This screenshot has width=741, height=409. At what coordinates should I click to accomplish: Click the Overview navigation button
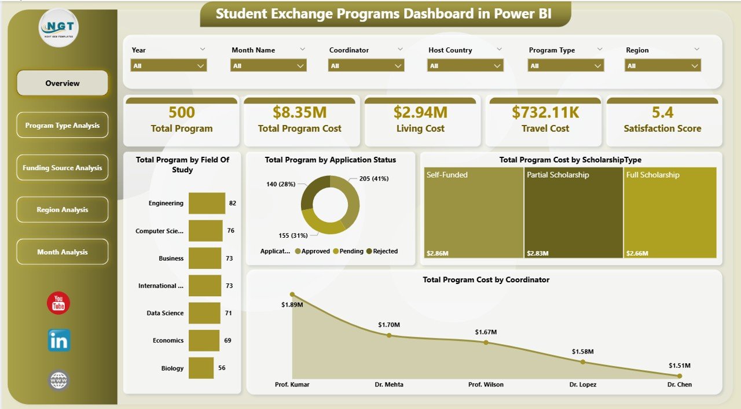pyautogui.click(x=63, y=83)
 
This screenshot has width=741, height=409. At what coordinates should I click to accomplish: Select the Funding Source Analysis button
pyautogui.click(x=63, y=168)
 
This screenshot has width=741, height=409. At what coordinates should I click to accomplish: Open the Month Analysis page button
pyautogui.click(x=63, y=252)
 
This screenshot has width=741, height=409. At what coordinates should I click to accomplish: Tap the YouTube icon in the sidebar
pyautogui.click(x=58, y=303)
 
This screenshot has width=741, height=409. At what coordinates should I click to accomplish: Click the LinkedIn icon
pyautogui.click(x=59, y=341)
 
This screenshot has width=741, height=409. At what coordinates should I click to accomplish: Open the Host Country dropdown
pyautogui.click(x=465, y=66)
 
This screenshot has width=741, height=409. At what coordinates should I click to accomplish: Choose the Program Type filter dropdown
pyautogui.click(x=566, y=66)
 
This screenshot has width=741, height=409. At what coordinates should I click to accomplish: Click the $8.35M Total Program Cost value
pyautogui.click(x=299, y=112)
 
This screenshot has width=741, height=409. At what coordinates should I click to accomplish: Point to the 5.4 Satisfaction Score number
pyautogui.click(x=662, y=112)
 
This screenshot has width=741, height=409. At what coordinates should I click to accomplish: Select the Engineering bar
pyautogui.click(x=207, y=203)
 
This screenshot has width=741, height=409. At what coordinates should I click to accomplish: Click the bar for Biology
pyautogui.click(x=201, y=368)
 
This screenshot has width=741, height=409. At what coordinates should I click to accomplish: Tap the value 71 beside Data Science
pyautogui.click(x=229, y=313)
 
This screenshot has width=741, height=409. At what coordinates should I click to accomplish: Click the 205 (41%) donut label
pyautogui.click(x=373, y=179)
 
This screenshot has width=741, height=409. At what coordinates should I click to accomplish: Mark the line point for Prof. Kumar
pyautogui.click(x=292, y=294)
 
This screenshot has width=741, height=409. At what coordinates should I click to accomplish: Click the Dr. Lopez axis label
pyautogui.click(x=582, y=384)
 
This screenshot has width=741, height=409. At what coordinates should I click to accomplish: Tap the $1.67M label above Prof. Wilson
pyautogui.click(x=486, y=332)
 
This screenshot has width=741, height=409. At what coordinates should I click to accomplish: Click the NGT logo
pyautogui.click(x=59, y=27)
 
